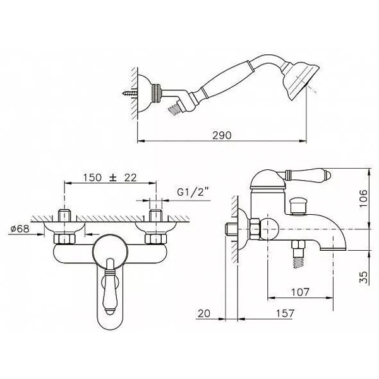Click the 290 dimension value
click(222, 135)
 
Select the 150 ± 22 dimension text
click(110, 177)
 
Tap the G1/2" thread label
click(193, 192)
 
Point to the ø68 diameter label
click(20, 229)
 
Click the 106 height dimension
click(363, 198)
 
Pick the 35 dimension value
click(363, 277)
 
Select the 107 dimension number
click(300, 292)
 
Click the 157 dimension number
click(285, 313)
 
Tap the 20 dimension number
click(204, 313)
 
